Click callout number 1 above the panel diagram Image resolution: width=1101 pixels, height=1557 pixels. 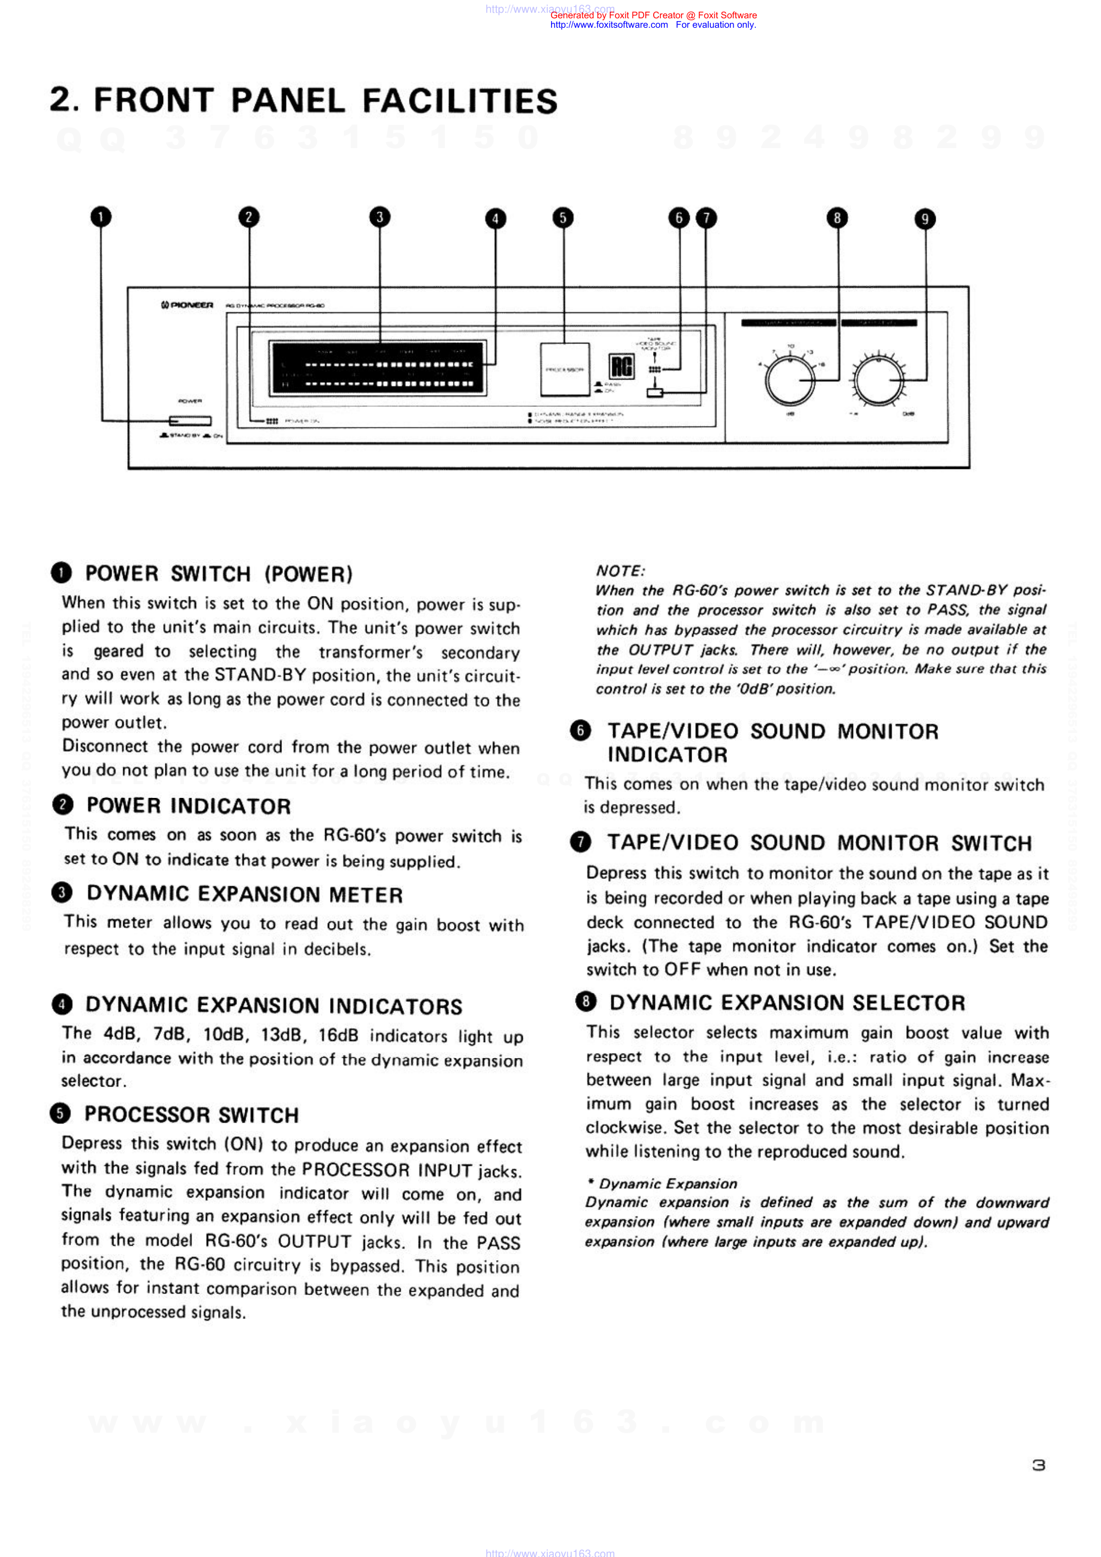click(100, 217)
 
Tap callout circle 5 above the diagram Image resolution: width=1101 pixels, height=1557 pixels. click(562, 218)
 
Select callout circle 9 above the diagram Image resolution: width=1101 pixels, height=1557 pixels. click(925, 219)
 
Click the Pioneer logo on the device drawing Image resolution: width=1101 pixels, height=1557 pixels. click(187, 305)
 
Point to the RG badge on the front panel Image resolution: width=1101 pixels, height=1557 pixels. click(622, 367)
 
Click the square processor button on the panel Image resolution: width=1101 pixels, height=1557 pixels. click(564, 370)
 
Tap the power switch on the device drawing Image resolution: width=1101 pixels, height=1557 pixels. click(190, 421)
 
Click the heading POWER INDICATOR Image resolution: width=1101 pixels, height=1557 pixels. click(189, 806)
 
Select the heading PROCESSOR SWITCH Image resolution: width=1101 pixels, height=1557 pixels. click(191, 1114)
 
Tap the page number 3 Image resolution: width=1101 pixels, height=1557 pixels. click(1038, 1465)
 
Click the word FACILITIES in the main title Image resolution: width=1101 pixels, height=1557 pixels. click(460, 101)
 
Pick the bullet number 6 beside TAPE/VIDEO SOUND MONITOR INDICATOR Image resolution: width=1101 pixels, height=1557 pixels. click(580, 730)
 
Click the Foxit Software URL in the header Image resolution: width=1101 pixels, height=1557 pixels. click(609, 25)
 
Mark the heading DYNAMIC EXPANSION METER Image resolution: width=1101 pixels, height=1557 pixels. click(244, 894)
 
